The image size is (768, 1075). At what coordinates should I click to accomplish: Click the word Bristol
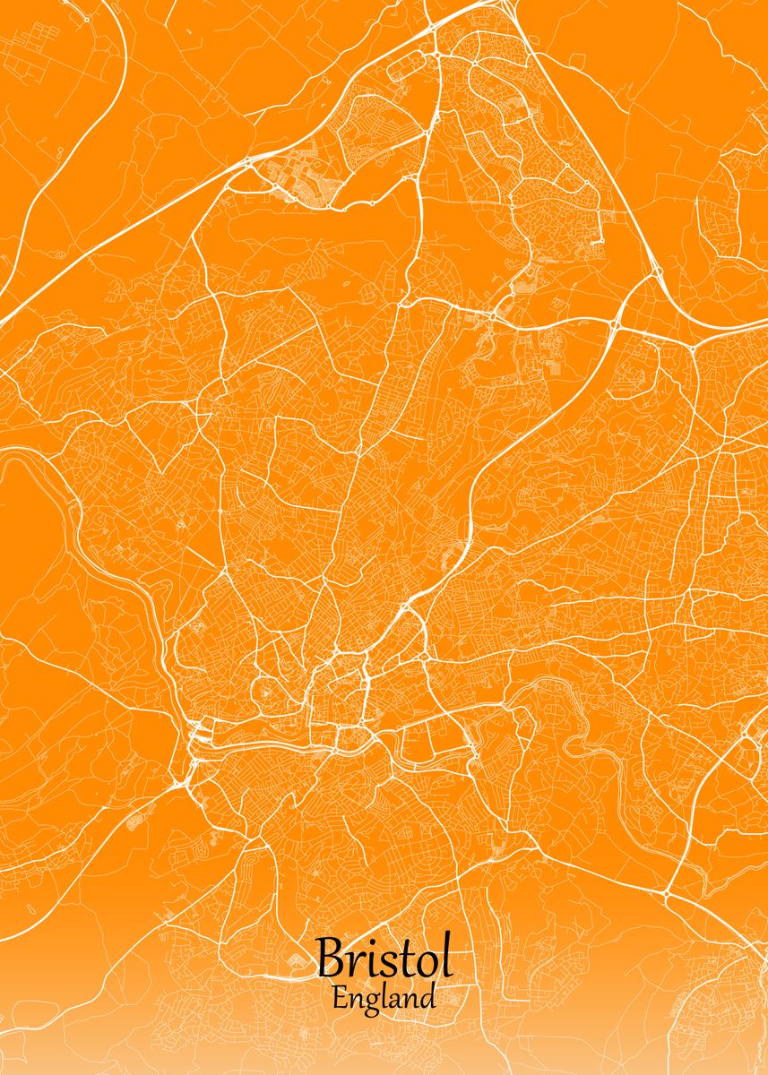click(384, 959)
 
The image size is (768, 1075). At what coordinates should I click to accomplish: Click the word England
click(384, 997)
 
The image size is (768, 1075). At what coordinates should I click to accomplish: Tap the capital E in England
click(339, 997)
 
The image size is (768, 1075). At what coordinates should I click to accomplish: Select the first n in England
click(354, 1000)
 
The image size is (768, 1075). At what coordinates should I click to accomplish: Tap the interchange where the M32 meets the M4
click(618, 318)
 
